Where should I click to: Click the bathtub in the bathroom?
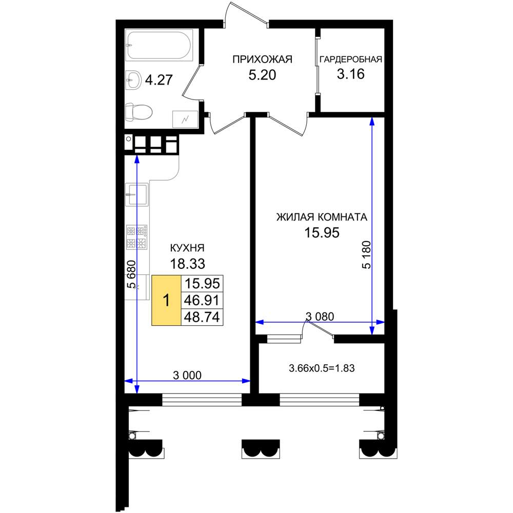(x=160, y=45)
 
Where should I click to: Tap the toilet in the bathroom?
(x=139, y=112)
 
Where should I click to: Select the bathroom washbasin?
(x=133, y=80)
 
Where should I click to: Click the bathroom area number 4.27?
(x=159, y=80)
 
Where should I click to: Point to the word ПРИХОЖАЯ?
(x=262, y=59)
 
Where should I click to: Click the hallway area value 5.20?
(x=262, y=75)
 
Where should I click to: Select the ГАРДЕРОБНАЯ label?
(x=351, y=59)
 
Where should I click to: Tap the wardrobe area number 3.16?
(x=351, y=74)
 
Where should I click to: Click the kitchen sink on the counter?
(x=137, y=194)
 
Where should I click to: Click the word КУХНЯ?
(x=187, y=248)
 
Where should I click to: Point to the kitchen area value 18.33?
(x=187, y=263)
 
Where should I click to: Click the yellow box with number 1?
(x=166, y=300)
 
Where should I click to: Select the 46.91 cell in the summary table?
(x=202, y=300)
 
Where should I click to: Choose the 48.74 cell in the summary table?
(x=202, y=317)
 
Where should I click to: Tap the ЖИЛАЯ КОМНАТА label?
(x=322, y=217)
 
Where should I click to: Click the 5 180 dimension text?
(x=367, y=255)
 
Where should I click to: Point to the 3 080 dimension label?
(x=320, y=317)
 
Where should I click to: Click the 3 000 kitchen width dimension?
(x=187, y=376)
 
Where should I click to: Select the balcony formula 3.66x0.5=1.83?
(x=322, y=368)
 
